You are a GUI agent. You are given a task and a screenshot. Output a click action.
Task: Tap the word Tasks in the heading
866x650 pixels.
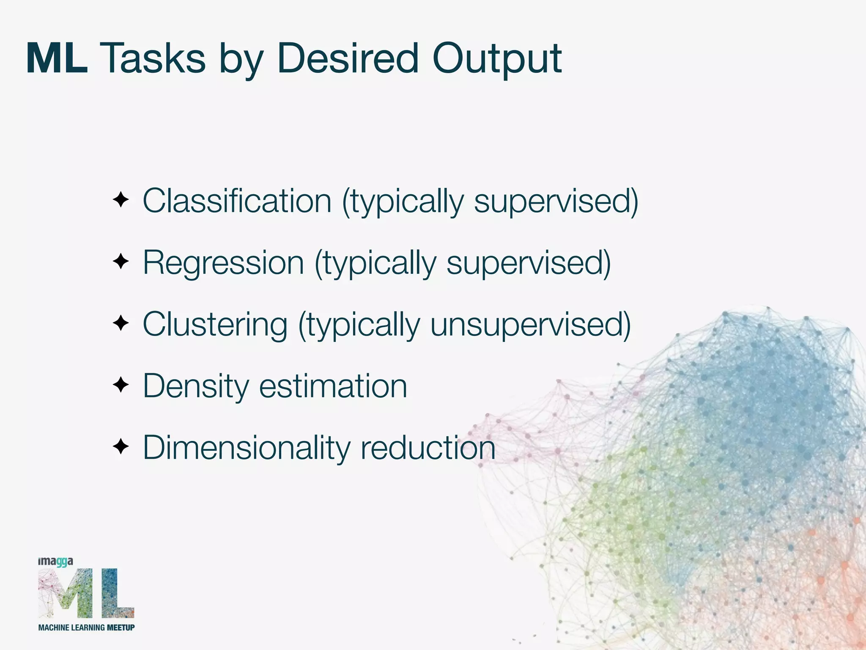coord(155,59)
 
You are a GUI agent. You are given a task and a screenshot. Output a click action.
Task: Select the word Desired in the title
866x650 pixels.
coord(348,59)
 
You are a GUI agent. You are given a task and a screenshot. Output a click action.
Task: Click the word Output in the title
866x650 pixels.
coord(497,59)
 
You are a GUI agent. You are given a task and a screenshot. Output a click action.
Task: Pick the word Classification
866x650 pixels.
coord(237,201)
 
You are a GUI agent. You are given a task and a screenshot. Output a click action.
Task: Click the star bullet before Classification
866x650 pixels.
coord(121,200)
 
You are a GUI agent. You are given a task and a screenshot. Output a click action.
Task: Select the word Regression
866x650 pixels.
coord(223,262)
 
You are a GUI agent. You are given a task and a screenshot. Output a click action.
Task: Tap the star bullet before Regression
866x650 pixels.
coord(121,262)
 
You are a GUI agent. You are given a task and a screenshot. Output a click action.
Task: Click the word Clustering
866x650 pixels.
coord(215,324)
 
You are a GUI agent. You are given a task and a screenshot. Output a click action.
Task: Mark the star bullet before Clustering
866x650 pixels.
coord(121,324)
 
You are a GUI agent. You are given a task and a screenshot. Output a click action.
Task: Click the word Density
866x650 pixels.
coord(196,386)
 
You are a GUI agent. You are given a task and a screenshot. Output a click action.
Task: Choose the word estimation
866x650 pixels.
coord(333,386)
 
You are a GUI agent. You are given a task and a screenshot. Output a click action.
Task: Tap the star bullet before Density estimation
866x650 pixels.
coord(121,386)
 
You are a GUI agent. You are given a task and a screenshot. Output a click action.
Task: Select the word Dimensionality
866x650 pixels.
coord(246,448)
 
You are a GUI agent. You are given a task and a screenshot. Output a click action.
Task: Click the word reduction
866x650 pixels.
coord(428,448)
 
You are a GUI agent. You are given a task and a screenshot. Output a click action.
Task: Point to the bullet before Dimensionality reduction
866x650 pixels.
coord(121,447)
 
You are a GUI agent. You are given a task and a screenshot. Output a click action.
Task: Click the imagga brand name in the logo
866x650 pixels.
coord(55,562)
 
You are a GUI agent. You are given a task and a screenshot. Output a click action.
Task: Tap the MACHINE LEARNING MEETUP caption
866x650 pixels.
coord(86,628)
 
